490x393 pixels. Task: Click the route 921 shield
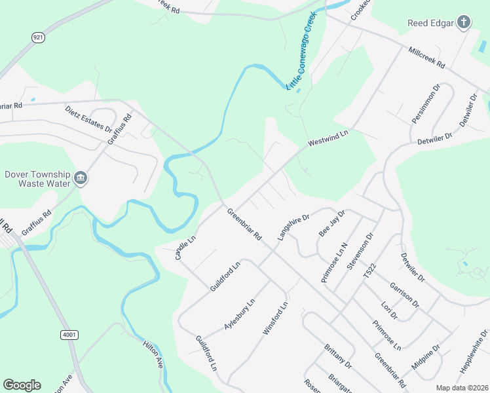click(39, 38)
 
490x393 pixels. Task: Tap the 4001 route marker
click(69, 335)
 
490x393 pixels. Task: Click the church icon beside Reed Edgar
click(463, 23)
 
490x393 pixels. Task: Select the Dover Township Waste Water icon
click(81, 178)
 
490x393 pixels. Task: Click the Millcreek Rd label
click(426, 58)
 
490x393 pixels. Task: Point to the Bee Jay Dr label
click(331, 223)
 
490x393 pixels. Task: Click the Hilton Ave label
click(153, 353)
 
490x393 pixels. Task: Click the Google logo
click(22, 385)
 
